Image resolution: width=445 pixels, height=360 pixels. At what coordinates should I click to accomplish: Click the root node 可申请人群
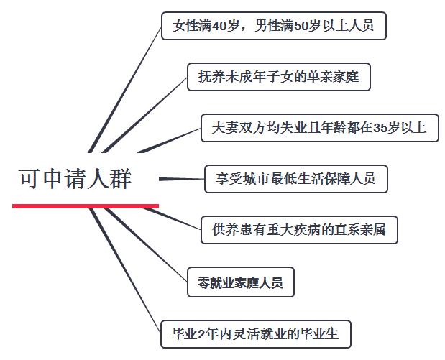click(x=75, y=179)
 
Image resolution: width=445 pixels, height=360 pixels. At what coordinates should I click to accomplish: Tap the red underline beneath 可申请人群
click(x=85, y=206)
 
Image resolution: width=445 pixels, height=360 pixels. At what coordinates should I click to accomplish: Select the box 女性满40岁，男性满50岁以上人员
click(x=273, y=27)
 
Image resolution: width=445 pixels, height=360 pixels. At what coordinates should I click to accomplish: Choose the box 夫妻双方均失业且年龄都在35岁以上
click(x=319, y=128)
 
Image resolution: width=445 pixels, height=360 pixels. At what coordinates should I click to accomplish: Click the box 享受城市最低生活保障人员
click(x=295, y=179)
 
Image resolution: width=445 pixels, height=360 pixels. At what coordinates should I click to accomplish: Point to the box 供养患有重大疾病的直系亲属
click(x=299, y=230)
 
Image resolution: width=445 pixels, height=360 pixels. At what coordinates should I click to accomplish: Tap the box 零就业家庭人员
click(x=240, y=282)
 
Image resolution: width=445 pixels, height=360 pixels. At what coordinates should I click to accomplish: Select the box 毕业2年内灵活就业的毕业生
click(x=256, y=333)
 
